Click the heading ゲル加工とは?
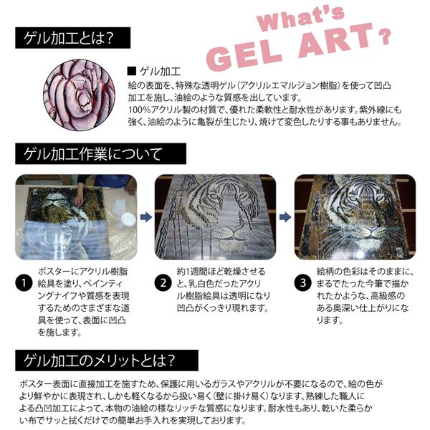pyautogui.click(x=69, y=37)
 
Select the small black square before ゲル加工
pyautogui.click(x=130, y=71)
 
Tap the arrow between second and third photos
pyautogui.click(x=284, y=215)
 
